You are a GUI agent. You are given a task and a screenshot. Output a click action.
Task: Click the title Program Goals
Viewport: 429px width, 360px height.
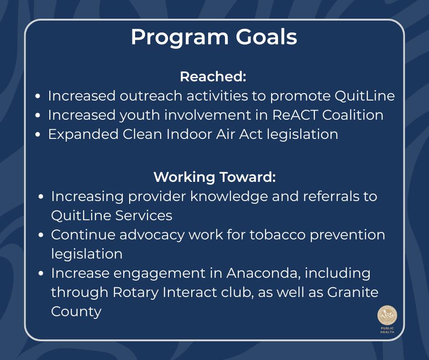tap(214, 37)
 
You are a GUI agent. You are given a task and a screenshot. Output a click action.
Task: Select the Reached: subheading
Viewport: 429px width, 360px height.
tap(213, 76)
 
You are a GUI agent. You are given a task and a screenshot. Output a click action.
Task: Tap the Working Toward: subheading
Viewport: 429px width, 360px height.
tap(214, 177)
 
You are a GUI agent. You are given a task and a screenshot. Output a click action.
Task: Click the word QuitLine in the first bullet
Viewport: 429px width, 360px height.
tap(365, 96)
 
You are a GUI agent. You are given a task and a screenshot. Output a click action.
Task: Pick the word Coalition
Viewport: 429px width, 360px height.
tap(353, 115)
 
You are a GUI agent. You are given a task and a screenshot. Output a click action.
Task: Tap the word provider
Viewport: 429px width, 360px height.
tap(157, 197)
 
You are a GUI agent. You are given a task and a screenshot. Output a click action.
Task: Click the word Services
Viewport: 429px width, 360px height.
tap(144, 216)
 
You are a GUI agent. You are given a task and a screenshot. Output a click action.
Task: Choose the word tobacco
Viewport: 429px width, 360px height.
tap(277, 235)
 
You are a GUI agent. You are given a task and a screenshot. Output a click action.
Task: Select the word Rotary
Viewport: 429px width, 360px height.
tap(136, 292)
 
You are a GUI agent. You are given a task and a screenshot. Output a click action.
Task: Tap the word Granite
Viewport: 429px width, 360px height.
tap(353, 292)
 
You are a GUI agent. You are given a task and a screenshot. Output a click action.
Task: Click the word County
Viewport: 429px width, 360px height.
tap(76, 312)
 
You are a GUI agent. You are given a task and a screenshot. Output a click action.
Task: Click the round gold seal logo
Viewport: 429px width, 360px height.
tap(387, 315)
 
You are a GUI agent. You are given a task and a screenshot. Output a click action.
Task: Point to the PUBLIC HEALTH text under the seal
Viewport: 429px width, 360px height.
tap(387, 330)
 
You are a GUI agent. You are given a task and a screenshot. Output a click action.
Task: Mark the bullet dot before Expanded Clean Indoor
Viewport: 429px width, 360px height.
tap(38, 134)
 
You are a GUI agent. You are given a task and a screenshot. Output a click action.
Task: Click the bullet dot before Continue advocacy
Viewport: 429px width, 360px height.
tap(41, 235)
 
